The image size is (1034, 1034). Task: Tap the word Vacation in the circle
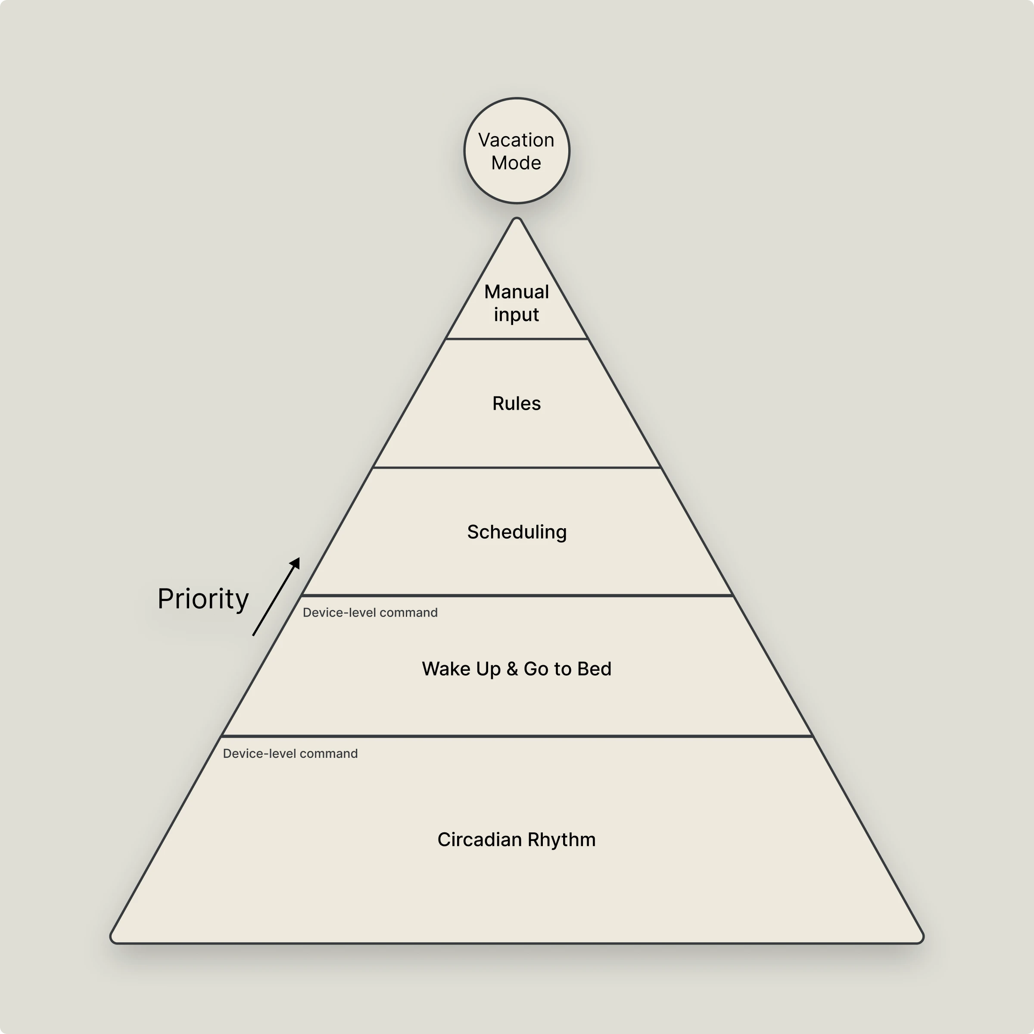tap(516, 140)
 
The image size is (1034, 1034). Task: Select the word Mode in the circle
tap(516, 163)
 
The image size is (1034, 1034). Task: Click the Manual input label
tap(517, 303)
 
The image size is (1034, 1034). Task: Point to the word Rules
tap(517, 404)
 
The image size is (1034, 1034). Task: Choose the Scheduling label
tap(517, 532)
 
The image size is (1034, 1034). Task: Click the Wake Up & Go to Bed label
tap(517, 669)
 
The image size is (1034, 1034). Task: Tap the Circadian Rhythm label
tap(517, 840)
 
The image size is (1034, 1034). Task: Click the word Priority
tap(203, 599)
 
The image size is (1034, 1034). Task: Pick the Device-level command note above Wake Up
tap(370, 613)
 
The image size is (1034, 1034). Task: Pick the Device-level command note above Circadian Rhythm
tap(290, 754)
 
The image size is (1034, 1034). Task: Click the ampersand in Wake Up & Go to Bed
tap(512, 669)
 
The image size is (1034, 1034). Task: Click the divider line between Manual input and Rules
tap(517, 339)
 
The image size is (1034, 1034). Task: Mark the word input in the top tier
tap(517, 315)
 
